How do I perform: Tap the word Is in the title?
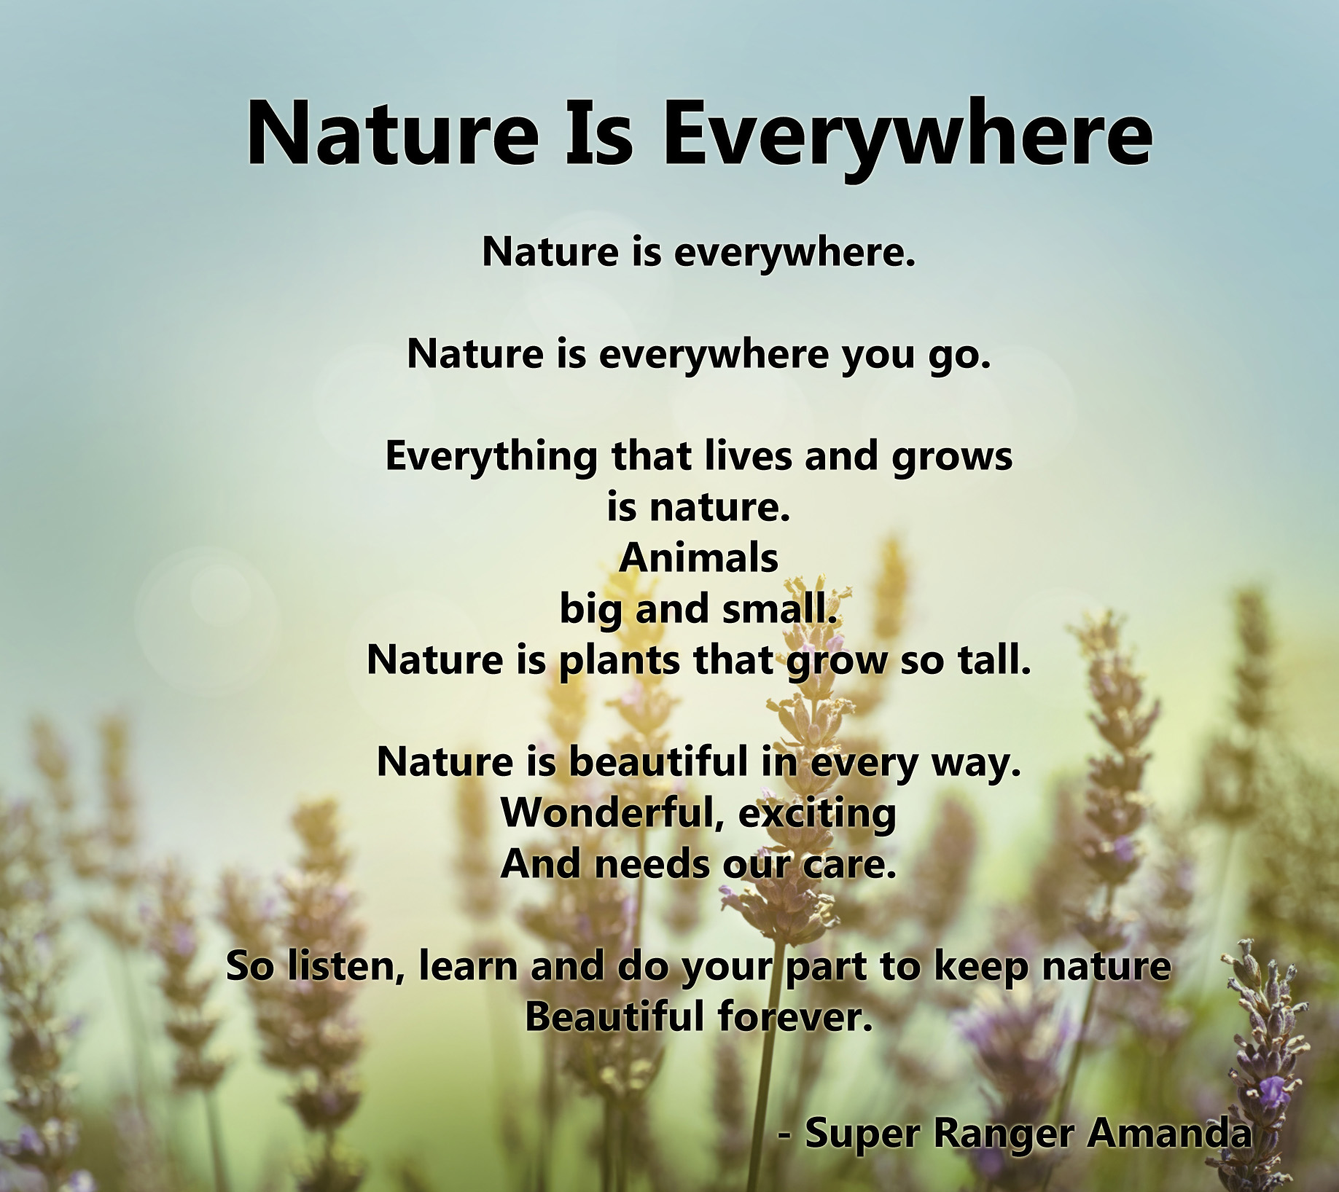click(x=596, y=134)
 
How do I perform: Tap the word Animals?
click(x=699, y=559)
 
